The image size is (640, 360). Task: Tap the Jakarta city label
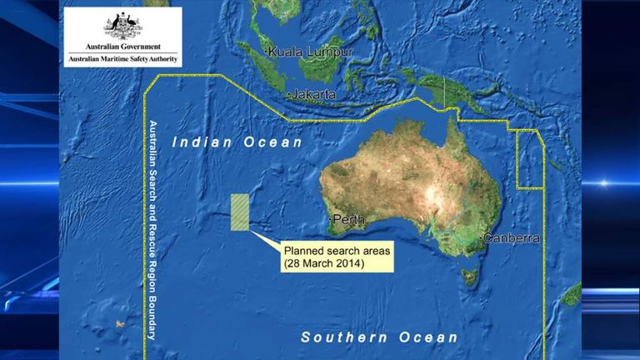pyautogui.click(x=314, y=95)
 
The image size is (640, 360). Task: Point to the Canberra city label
pyautogui.click(x=511, y=239)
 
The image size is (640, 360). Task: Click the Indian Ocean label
pyautogui.click(x=237, y=143)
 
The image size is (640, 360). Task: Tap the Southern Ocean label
pyautogui.click(x=379, y=337)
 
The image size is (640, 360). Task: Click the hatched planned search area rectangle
pyautogui.click(x=240, y=212)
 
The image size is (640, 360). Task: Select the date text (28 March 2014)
pyautogui.click(x=326, y=263)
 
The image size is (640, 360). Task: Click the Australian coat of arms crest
pyautogui.click(x=122, y=26)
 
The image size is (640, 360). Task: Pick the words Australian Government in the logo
pyautogui.click(x=122, y=47)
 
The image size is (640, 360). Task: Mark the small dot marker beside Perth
pyautogui.click(x=331, y=220)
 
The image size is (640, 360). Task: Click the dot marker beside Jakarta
pyautogui.click(x=288, y=96)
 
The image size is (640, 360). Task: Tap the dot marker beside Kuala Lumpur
pyautogui.click(x=266, y=52)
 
